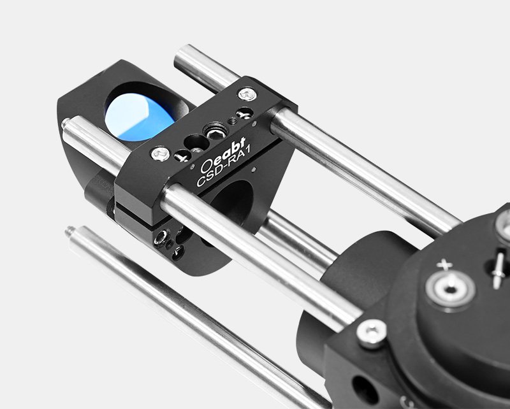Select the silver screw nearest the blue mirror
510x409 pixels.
[161, 154]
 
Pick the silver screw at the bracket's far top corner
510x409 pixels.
[247, 94]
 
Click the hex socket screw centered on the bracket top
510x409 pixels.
[215, 132]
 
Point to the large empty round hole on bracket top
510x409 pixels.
[196, 143]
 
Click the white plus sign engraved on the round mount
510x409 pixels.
[444, 264]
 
